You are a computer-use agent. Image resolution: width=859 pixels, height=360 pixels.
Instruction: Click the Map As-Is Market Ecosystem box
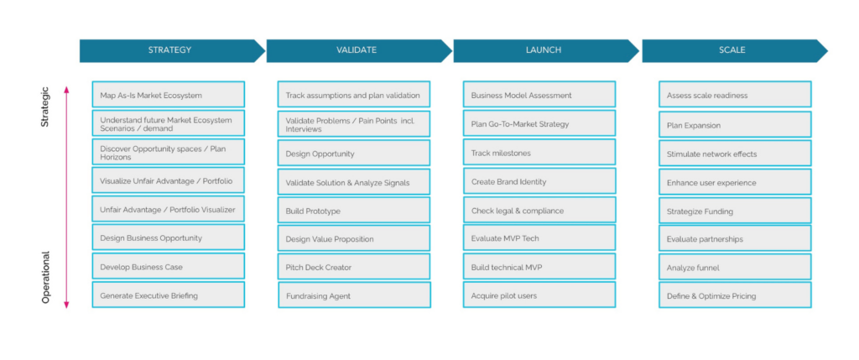pyautogui.click(x=168, y=94)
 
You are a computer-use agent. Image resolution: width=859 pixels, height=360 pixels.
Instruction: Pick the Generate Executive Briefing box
pyautogui.click(x=168, y=295)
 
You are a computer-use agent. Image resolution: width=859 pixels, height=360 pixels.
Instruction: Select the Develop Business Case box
pyautogui.click(x=168, y=266)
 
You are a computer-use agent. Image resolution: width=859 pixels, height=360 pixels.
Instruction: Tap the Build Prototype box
pyautogui.click(x=354, y=211)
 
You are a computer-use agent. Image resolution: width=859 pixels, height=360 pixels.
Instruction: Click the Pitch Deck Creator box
pyautogui.click(x=354, y=267)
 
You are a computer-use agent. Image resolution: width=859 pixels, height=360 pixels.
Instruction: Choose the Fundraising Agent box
pyautogui.click(x=355, y=295)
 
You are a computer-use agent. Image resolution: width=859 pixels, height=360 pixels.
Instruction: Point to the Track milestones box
pyautogui.click(x=539, y=153)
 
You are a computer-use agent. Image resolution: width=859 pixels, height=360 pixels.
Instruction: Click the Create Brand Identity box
pyautogui.click(x=539, y=180)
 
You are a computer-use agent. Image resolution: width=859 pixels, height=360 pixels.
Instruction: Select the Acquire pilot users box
pyautogui.click(x=539, y=295)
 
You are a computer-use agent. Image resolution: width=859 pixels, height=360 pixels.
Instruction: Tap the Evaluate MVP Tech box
pyautogui.click(x=539, y=237)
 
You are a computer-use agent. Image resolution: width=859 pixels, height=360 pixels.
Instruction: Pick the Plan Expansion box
pyautogui.click(x=735, y=124)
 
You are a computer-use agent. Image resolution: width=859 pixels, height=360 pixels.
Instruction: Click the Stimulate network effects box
pyautogui.click(x=735, y=154)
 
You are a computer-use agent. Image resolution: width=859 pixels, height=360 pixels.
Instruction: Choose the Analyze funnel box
pyautogui.click(x=735, y=268)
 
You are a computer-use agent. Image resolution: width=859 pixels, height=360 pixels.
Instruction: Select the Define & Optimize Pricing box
pyautogui.click(x=735, y=295)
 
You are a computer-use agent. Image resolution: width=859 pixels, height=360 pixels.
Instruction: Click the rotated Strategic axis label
pyautogui.click(x=45, y=107)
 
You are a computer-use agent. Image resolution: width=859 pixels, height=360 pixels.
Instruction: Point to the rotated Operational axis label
pyautogui.click(x=46, y=277)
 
